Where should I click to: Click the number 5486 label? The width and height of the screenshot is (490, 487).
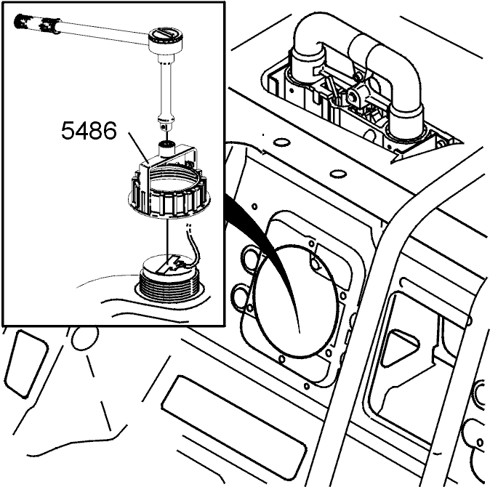pyautogui.click(x=89, y=131)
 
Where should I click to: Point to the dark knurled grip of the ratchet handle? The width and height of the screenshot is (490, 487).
pyautogui.click(x=37, y=23)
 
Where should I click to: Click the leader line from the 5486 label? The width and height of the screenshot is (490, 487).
pyautogui.click(x=140, y=148)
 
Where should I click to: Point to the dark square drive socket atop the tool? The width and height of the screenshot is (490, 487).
pyautogui.click(x=166, y=145)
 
